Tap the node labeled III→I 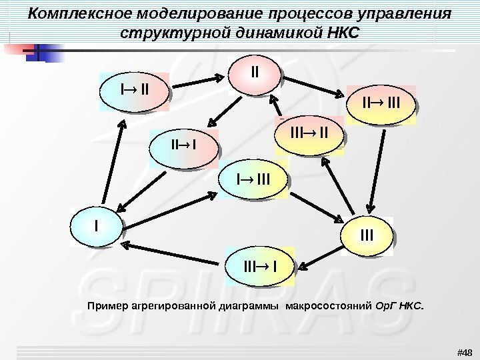(x=261, y=268)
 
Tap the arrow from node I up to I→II (x=111, y=161)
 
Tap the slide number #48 (x=463, y=352)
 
